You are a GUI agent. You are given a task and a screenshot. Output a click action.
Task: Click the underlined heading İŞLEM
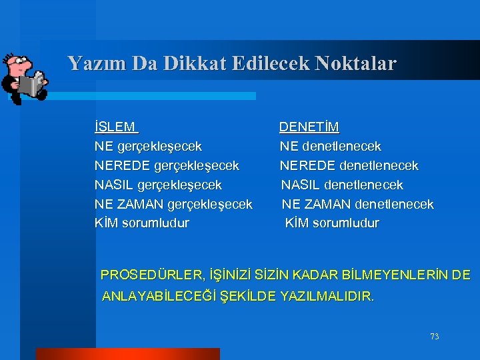(116, 127)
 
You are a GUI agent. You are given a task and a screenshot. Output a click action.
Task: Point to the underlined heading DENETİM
(309, 127)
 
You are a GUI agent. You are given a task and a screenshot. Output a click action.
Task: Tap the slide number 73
(434, 337)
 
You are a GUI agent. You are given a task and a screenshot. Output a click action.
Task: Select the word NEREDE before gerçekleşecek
(122, 165)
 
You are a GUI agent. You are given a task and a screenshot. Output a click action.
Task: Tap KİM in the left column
(106, 223)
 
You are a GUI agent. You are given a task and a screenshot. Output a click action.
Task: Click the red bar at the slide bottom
(127, 354)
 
